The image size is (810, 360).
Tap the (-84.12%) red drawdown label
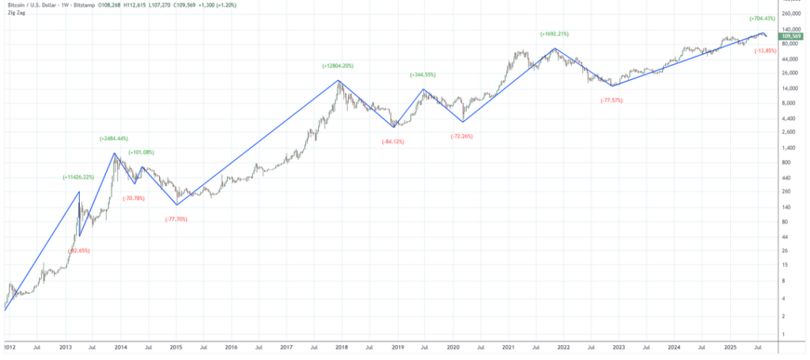point(393,142)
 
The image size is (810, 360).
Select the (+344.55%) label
point(422,74)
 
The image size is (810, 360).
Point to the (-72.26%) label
point(461,136)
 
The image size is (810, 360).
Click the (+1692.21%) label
point(555,34)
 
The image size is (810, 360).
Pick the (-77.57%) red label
point(611,100)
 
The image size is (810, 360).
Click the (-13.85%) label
point(765,51)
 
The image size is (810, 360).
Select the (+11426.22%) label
point(79,177)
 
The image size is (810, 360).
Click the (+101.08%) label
point(141,152)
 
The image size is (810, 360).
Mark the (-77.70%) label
point(176,218)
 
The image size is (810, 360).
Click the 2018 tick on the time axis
point(343,347)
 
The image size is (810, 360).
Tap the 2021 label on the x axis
point(508,347)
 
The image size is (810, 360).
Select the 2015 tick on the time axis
point(176,347)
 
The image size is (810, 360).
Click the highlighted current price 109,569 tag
point(792,36)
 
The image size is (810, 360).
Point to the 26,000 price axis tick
point(789,74)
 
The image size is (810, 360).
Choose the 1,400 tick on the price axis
point(788,148)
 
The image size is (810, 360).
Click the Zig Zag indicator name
point(16,12)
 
